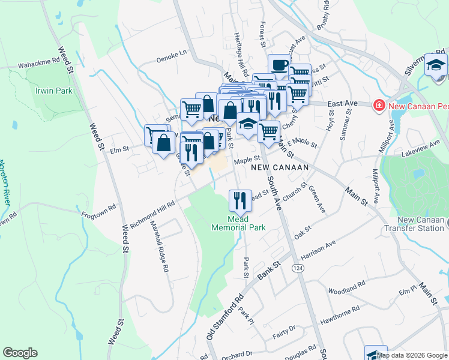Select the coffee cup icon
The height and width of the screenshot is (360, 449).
click(x=278, y=65)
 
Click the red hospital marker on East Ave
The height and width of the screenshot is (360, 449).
click(x=379, y=106)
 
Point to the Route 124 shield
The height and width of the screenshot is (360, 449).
click(x=297, y=264)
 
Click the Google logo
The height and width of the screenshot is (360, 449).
click(x=20, y=353)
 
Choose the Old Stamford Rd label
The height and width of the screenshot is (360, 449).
click(x=225, y=316)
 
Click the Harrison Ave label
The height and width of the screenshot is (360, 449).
click(x=318, y=248)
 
